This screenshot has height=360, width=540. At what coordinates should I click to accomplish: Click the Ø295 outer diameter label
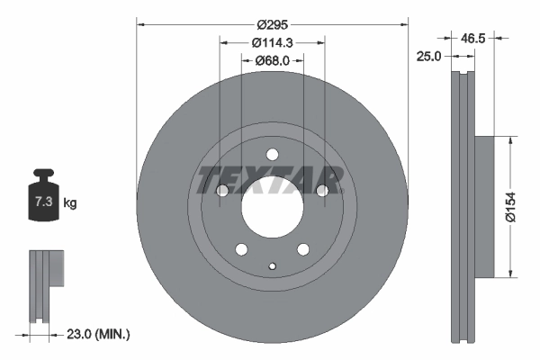272,25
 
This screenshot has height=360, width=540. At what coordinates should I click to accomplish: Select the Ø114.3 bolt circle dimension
272,42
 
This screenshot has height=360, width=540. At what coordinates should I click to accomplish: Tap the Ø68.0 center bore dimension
272,61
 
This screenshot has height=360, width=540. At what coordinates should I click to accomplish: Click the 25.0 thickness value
428,56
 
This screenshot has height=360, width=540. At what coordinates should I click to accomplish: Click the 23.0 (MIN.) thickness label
99,334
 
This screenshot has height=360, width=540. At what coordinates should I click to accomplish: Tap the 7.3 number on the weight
42,203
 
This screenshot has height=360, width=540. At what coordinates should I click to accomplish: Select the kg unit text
70,203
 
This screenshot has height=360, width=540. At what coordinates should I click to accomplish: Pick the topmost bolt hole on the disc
272,155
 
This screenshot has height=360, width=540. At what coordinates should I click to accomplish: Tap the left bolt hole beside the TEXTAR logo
222,191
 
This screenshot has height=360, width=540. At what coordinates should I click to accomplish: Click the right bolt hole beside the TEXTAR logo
321,191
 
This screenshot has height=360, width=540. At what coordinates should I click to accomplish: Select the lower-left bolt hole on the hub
241,249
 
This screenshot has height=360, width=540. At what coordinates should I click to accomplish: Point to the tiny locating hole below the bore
272,265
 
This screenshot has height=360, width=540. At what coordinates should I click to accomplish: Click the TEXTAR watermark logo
270,179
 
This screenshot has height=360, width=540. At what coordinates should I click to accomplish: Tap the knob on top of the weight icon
42,175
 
